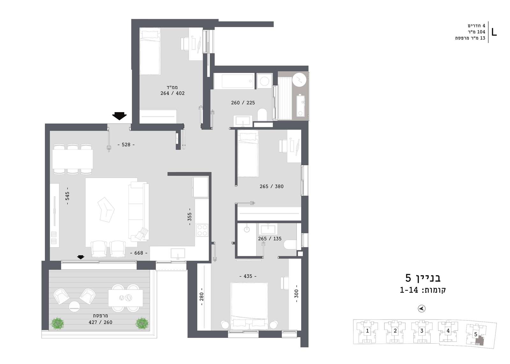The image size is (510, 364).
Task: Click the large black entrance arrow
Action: (119, 116)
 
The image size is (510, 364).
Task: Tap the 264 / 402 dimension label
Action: (172, 93)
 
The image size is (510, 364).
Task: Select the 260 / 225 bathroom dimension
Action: (243, 103)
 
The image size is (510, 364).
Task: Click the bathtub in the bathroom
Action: (234, 81)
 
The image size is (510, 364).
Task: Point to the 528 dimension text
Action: (126, 145)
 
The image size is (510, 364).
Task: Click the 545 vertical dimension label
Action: (67, 196)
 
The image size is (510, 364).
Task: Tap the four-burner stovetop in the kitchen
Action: (202, 230)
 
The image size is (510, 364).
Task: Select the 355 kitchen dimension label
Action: (189, 217)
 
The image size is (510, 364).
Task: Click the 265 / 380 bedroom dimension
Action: (272, 187)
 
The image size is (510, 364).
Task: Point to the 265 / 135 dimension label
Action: (270, 239)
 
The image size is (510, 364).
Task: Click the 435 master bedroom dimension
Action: (248, 276)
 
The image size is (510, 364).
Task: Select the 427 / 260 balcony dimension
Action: (100, 322)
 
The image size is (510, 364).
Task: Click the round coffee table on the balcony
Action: (75, 306)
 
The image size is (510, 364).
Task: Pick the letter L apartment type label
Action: (494, 32)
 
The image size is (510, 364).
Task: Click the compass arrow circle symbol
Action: (422, 309)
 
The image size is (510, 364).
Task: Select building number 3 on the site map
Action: (422, 331)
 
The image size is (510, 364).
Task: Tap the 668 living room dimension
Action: (139, 253)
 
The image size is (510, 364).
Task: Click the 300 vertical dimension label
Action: (296, 294)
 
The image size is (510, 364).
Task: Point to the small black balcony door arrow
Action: (81, 257)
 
